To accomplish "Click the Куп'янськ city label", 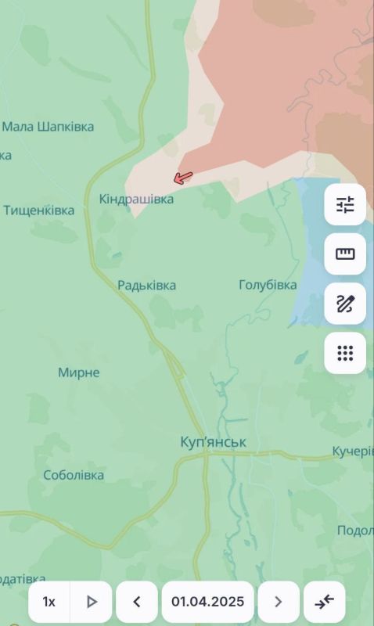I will tap(213, 443).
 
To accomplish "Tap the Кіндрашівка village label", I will tap(136, 200).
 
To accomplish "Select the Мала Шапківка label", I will tap(48, 127).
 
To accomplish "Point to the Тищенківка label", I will tap(39, 210).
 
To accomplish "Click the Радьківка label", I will tap(146, 286).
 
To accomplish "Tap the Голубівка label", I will tap(268, 286).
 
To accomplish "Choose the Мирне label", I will tap(79, 372).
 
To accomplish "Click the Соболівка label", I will tap(74, 475).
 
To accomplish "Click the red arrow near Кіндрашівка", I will tap(182, 178).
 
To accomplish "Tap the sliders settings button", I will tap(345, 205).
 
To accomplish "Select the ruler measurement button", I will tap(345, 254).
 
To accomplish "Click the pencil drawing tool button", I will tap(345, 304).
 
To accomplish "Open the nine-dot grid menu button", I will tap(345, 353).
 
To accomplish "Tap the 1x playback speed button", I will tap(49, 602).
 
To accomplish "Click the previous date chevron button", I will tap(137, 602).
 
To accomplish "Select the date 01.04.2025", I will tap(208, 602).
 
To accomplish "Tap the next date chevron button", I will tap(279, 602).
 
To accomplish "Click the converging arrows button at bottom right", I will tap(325, 602).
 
